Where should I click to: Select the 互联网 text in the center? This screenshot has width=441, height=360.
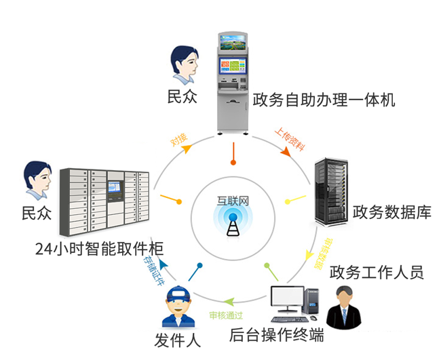pyautogui.click(x=233, y=201)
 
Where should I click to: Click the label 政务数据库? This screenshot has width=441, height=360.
pyautogui.click(x=391, y=212)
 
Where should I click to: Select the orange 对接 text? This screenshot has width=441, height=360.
pyautogui.click(x=179, y=139)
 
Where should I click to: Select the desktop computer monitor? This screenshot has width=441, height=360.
pyautogui.click(x=287, y=299)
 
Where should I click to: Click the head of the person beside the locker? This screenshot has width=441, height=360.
pyautogui.click(x=37, y=178)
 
